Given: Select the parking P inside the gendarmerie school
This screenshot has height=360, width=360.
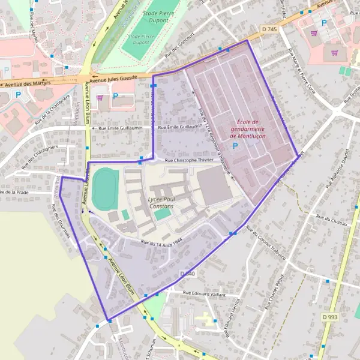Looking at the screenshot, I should click(x=244, y=146).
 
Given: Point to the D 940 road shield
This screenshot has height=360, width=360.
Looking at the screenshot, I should click(x=187, y=274).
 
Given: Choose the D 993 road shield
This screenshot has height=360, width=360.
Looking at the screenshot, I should click(x=329, y=316).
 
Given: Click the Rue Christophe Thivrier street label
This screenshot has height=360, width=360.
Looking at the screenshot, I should click(x=189, y=161).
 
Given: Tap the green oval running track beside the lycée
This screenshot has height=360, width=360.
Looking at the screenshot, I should click(x=105, y=189).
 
